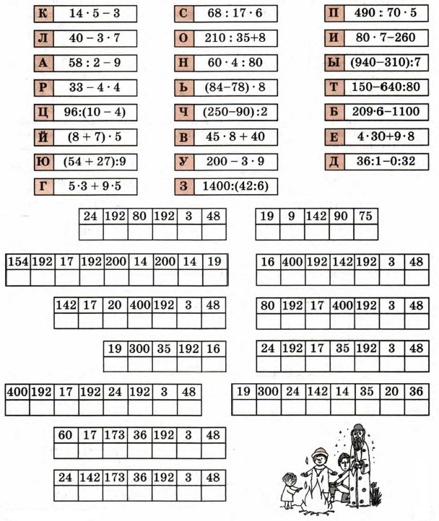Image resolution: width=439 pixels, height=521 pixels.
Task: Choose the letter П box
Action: (x=334, y=13)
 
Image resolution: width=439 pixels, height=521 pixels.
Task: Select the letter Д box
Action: (x=334, y=160)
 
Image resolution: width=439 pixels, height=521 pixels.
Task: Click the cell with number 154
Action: (x=17, y=261)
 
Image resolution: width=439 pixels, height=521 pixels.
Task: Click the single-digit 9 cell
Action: (x=292, y=215)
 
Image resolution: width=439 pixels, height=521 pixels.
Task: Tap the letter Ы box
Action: (x=334, y=62)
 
